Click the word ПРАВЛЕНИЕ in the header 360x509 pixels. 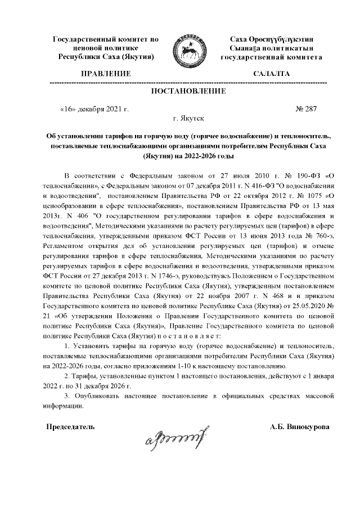pyautogui.click(x=106, y=74)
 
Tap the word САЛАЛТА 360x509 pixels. pyautogui.click(x=272, y=74)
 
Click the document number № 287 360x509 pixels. pyautogui.click(x=307, y=109)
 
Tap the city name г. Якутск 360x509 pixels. pyautogui.click(x=190, y=119)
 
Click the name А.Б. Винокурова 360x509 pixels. pyautogui.click(x=300, y=427)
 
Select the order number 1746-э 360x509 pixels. pyautogui.click(x=151, y=277)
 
